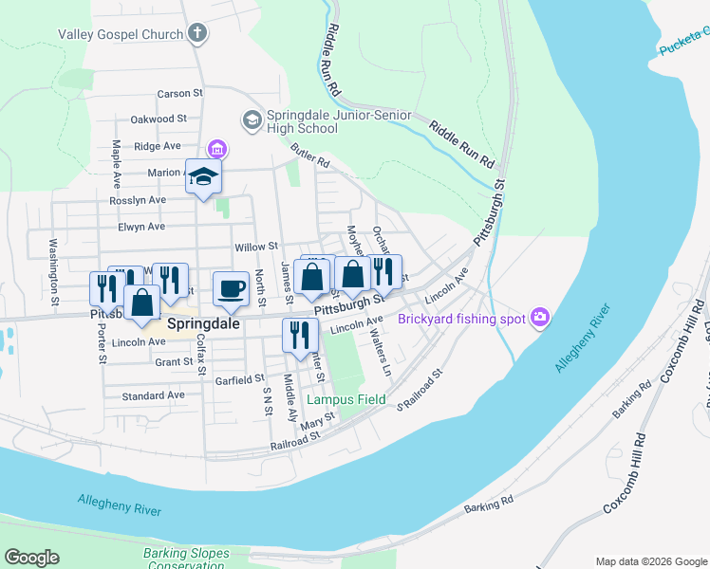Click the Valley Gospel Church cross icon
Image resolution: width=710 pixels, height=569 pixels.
[x=197, y=35]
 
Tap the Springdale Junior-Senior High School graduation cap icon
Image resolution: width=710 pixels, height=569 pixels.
[x=252, y=120]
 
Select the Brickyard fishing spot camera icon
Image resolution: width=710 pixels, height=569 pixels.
[x=540, y=318]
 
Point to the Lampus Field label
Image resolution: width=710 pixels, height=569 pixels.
[x=346, y=399]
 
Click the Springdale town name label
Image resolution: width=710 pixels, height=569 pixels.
[x=201, y=323]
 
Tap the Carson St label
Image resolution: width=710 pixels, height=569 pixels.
[x=180, y=94]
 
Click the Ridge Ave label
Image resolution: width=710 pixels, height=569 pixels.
[x=158, y=146]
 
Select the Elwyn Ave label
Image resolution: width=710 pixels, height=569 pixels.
[x=141, y=227]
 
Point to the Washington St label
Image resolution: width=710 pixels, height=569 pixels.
[x=54, y=271]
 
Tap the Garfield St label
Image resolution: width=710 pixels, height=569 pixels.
[x=238, y=378]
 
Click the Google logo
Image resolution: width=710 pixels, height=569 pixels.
[x=31, y=558]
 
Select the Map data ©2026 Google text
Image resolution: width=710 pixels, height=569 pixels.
[x=650, y=561]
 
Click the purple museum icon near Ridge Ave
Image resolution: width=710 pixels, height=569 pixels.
[x=218, y=148]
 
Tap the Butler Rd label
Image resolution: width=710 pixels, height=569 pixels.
[x=309, y=156]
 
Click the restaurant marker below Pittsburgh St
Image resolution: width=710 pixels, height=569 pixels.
[x=298, y=337]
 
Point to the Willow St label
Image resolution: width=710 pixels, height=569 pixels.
[x=255, y=246]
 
